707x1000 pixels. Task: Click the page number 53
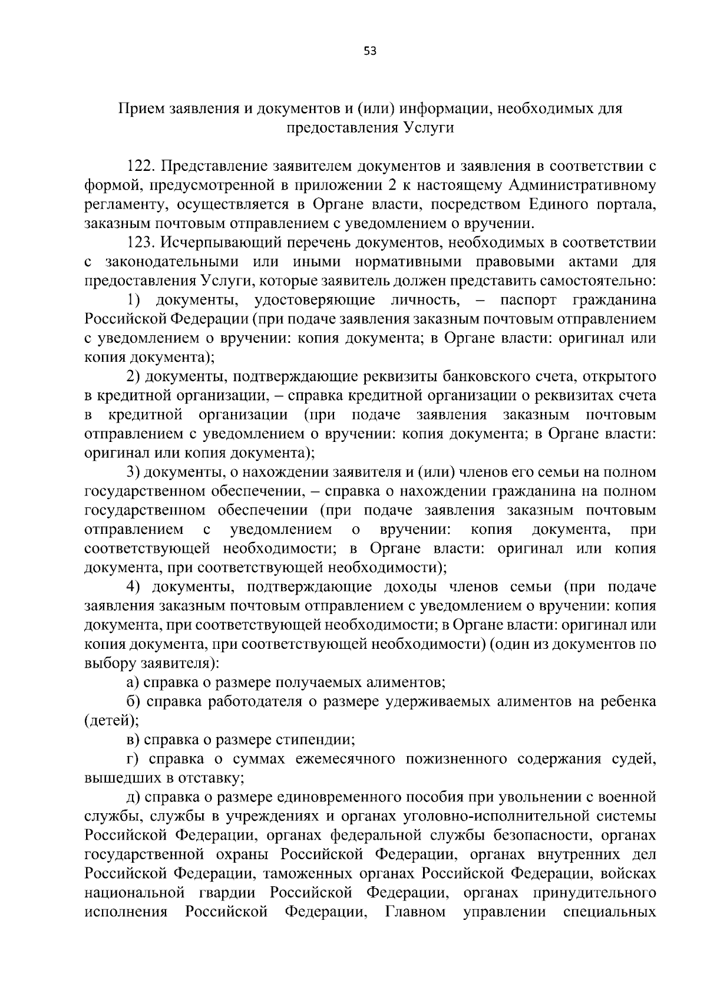370,51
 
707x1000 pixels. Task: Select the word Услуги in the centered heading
429,128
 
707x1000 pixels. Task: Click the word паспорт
528,301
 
